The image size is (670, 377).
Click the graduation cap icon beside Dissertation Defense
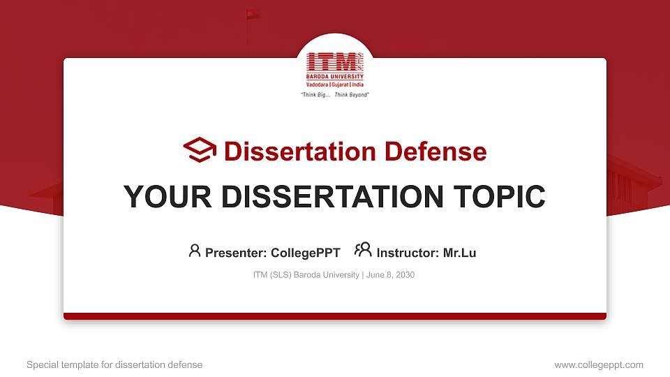[x=200, y=151]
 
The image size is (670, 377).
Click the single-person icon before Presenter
[x=195, y=251]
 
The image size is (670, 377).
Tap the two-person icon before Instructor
[x=363, y=250]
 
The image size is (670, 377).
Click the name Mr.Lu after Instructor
[x=459, y=253]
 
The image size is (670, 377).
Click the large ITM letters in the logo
[x=332, y=61]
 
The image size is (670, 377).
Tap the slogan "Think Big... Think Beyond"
[x=334, y=94]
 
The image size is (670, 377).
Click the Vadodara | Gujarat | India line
[x=335, y=84]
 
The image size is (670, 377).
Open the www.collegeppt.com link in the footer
[x=599, y=364]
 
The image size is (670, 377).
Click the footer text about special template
[x=114, y=364]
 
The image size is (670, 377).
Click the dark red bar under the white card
[x=335, y=316]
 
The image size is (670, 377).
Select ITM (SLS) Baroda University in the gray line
[x=306, y=275]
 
